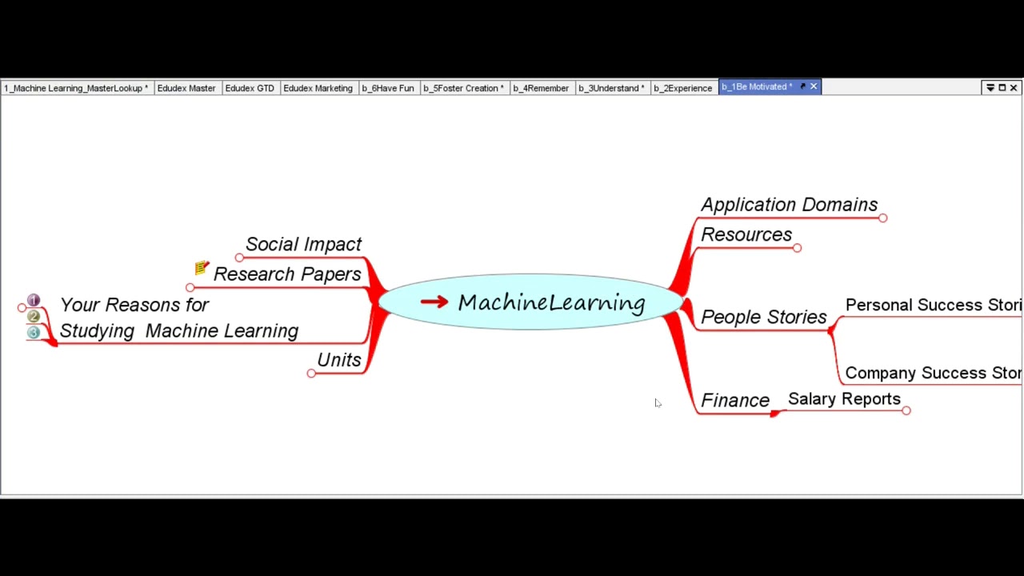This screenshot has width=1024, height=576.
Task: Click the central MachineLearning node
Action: tap(550, 302)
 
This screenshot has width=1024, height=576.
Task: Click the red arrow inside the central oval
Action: tap(434, 302)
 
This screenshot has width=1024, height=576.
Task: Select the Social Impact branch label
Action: tap(303, 244)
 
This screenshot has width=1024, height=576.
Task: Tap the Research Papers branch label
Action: tap(286, 274)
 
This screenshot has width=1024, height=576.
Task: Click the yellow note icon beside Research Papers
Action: tap(202, 268)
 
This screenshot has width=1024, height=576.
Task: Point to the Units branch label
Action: tap(338, 360)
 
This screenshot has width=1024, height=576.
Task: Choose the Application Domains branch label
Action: tap(789, 205)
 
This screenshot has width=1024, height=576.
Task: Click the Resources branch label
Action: tap(746, 234)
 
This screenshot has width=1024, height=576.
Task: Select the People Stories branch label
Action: tap(763, 317)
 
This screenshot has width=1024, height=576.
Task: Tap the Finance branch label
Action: tap(734, 400)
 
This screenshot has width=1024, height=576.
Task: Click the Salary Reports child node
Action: tap(844, 399)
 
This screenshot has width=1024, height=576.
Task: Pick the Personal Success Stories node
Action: tap(933, 305)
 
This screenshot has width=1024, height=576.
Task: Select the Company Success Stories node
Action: tap(933, 373)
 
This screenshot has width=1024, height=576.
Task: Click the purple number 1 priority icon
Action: tap(34, 301)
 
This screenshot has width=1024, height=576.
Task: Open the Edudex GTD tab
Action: tap(249, 88)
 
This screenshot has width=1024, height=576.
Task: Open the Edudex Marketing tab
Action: tap(318, 88)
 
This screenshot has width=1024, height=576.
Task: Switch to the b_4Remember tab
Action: tap(541, 88)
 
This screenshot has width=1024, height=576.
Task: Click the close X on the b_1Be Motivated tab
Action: tap(814, 86)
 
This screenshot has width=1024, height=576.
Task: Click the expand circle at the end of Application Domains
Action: tap(882, 218)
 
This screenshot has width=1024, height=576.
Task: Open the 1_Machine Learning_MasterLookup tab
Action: tap(76, 88)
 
